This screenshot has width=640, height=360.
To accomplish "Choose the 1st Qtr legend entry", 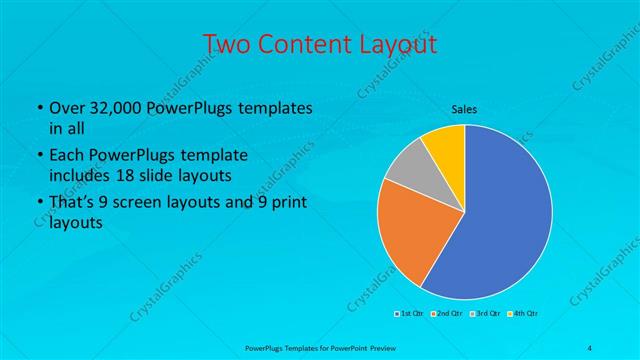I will click(410, 314).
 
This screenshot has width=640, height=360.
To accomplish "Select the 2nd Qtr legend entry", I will click(447, 314).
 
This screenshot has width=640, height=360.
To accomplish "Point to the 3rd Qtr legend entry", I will click(486, 314).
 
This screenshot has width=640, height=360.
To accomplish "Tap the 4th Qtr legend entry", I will click(524, 314).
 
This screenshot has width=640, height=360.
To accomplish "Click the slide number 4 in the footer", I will click(590, 347).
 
